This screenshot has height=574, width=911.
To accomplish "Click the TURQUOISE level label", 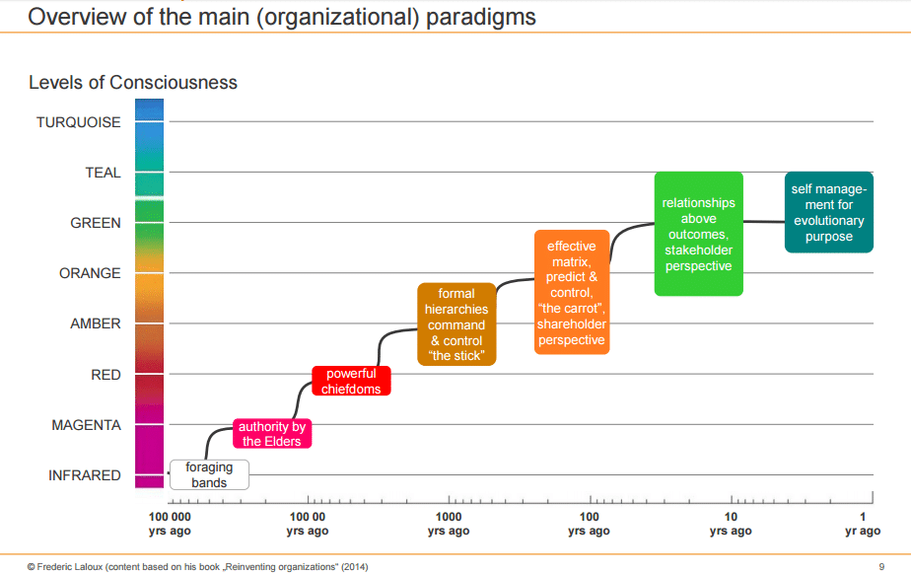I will (x=79, y=122).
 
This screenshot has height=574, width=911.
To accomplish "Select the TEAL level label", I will (x=103, y=173).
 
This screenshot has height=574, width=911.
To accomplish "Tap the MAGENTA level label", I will (x=86, y=425).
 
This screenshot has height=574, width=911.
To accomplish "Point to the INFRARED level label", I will (x=85, y=475).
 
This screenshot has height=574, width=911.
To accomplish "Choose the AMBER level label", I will (x=96, y=323).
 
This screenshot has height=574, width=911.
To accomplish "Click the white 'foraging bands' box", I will (x=209, y=475).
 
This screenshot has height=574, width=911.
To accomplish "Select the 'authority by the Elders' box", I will (x=272, y=434).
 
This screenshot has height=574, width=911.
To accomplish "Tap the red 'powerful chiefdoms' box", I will (x=351, y=382).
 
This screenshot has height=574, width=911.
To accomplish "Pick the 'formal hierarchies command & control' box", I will (x=455, y=324).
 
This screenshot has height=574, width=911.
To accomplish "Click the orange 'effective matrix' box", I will (x=572, y=293).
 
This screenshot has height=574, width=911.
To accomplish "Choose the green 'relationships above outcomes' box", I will (x=698, y=234).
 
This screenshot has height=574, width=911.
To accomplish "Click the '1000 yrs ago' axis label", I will (x=449, y=525).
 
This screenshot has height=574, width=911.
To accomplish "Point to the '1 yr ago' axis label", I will (x=862, y=525).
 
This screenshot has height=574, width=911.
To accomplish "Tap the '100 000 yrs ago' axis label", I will (x=169, y=525).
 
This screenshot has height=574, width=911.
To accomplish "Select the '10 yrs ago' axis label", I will (x=731, y=525).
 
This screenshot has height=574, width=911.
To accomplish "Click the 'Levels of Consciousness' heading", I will (x=133, y=83).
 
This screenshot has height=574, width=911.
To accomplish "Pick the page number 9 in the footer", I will (x=880, y=566).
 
